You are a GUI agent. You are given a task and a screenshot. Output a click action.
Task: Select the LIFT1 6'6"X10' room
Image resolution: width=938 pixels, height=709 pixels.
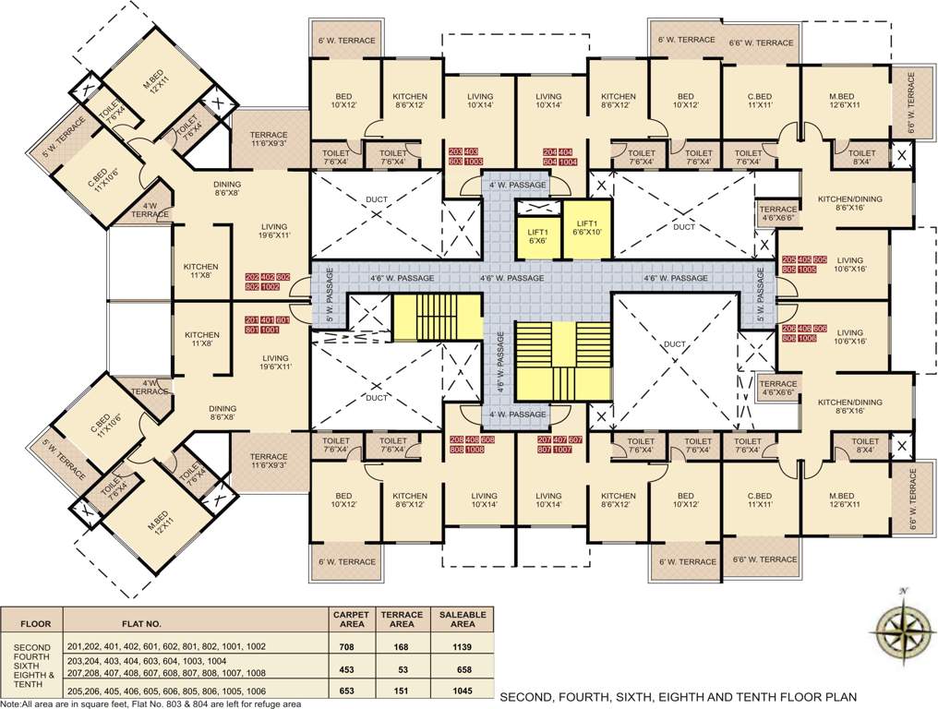(588, 229)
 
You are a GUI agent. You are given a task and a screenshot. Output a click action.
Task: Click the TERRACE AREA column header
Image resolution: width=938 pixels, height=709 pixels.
(403, 619)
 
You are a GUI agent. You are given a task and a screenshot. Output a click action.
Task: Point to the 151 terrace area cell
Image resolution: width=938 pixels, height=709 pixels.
(403, 690)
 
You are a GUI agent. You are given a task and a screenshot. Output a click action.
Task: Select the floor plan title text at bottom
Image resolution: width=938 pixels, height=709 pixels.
(678, 696)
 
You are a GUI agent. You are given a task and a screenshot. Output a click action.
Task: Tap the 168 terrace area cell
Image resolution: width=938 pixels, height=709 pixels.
(403, 646)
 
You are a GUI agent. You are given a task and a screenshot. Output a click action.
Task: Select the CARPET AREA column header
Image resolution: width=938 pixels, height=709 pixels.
(351, 619)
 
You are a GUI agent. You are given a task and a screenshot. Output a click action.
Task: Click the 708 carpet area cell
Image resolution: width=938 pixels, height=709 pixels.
(351, 646)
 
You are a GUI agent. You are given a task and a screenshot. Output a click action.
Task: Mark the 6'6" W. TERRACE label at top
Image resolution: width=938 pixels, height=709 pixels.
(761, 42)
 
